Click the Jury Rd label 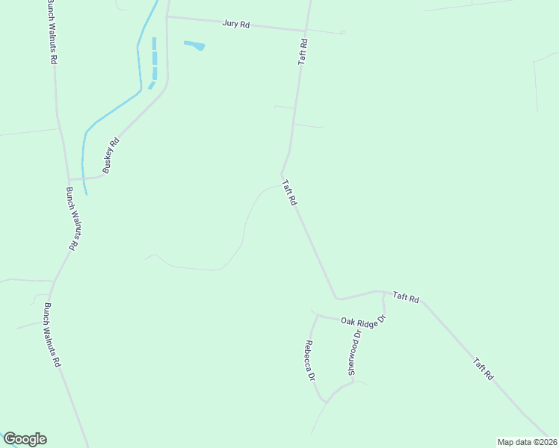(235, 24)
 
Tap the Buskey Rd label (111, 155)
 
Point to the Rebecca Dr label (309, 361)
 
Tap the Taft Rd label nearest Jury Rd (303, 52)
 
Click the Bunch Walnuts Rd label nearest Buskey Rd (72, 217)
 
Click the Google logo (25, 439)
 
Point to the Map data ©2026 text (526, 442)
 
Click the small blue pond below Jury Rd (194, 46)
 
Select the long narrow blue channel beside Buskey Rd (155, 58)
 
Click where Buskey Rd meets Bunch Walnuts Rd (69, 179)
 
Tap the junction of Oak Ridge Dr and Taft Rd (383, 293)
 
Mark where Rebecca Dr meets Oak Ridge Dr (317, 315)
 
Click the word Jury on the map (230, 24)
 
